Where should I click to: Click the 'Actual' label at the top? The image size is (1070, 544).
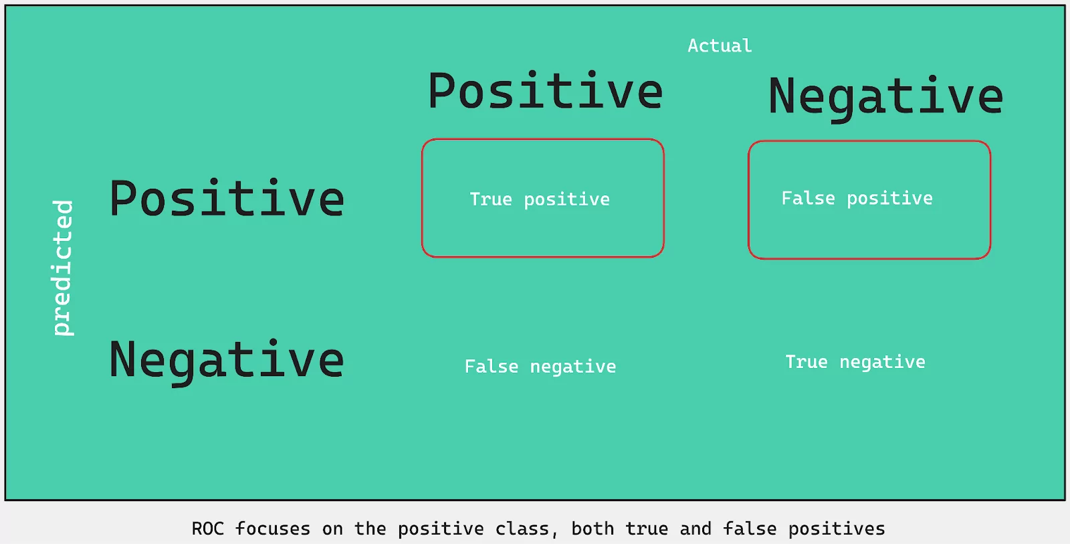(720, 46)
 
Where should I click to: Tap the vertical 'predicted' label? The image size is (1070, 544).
(63, 268)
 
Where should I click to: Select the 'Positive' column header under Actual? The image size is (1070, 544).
(546, 91)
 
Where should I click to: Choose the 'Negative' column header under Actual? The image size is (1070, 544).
(885, 98)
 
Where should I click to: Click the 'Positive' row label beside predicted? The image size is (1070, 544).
(227, 198)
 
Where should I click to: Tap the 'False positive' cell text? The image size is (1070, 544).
(857, 199)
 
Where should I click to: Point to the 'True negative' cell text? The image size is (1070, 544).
(855, 363)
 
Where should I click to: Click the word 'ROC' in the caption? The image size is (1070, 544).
(208, 529)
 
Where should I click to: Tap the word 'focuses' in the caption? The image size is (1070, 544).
(273, 529)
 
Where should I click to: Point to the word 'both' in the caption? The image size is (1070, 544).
(593, 529)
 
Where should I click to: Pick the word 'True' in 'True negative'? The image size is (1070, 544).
(807, 362)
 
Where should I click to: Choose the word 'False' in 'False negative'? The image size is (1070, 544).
(492, 367)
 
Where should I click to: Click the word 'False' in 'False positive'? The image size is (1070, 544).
(809, 198)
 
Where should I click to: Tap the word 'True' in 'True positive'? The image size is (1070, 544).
(491, 199)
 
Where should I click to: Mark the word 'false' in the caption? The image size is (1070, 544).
(750, 529)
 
